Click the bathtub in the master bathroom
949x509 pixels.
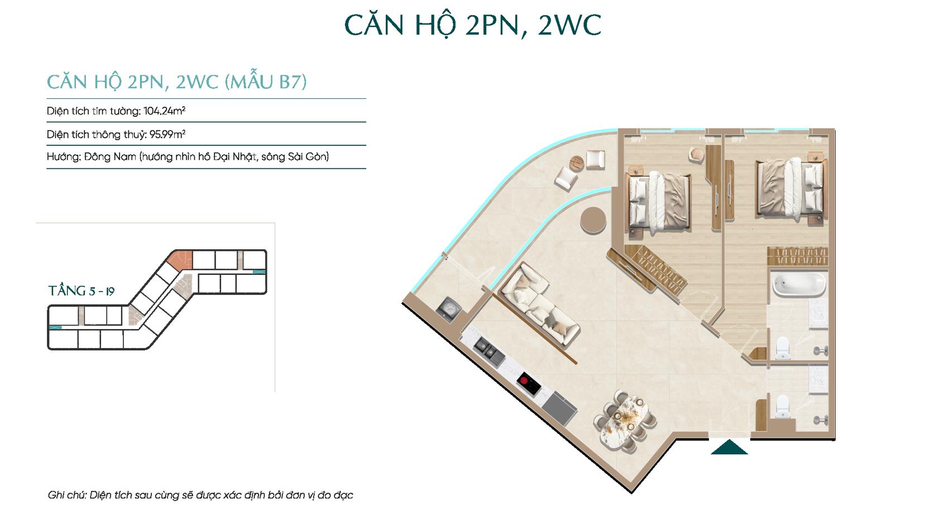(x=799, y=284)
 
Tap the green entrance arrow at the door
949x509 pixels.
(x=729, y=448)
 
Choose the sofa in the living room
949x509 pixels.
(x=540, y=304)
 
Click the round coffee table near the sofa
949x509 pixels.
(x=593, y=220)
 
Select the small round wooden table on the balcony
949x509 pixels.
(x=577, y=163)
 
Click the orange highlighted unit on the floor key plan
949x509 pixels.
(x=180, y=259)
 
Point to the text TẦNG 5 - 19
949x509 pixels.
(x=82, y=291)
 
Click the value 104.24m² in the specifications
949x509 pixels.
(x=164, y=111)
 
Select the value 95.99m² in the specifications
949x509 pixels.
(x=167, y=134)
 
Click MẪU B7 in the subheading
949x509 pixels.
(x=266, y=82)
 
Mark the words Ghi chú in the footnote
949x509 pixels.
(x=66, y=495)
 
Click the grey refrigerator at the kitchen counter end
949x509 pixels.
(x=559, y=408)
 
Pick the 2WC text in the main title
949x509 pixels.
(x=569, y=25)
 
